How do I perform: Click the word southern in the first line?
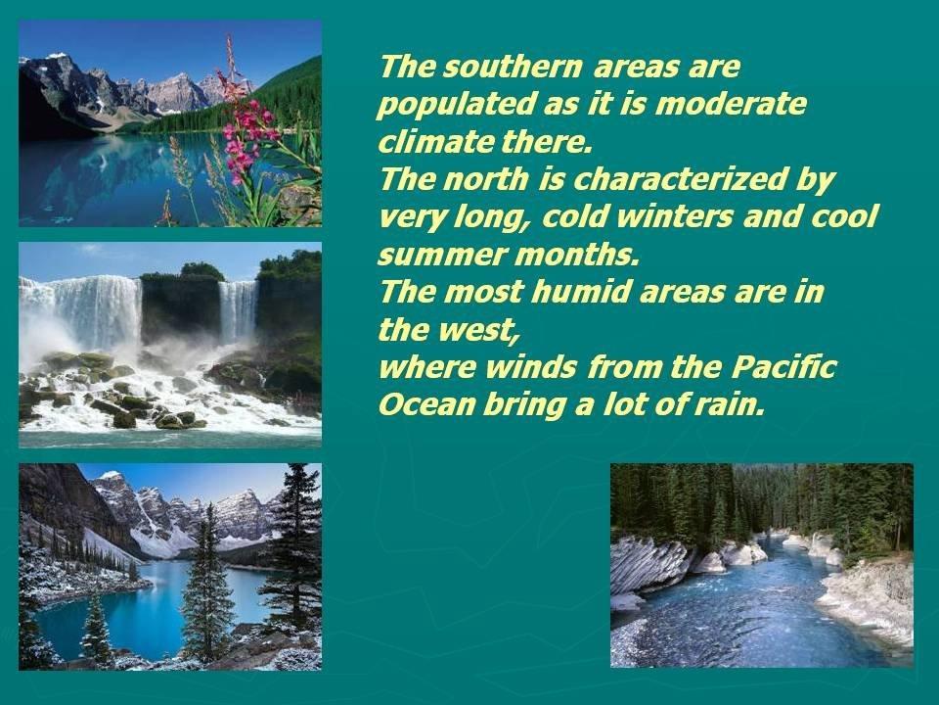512,67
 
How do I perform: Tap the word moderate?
731,104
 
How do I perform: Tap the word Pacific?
782,366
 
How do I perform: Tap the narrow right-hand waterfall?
238,311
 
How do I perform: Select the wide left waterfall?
90,311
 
